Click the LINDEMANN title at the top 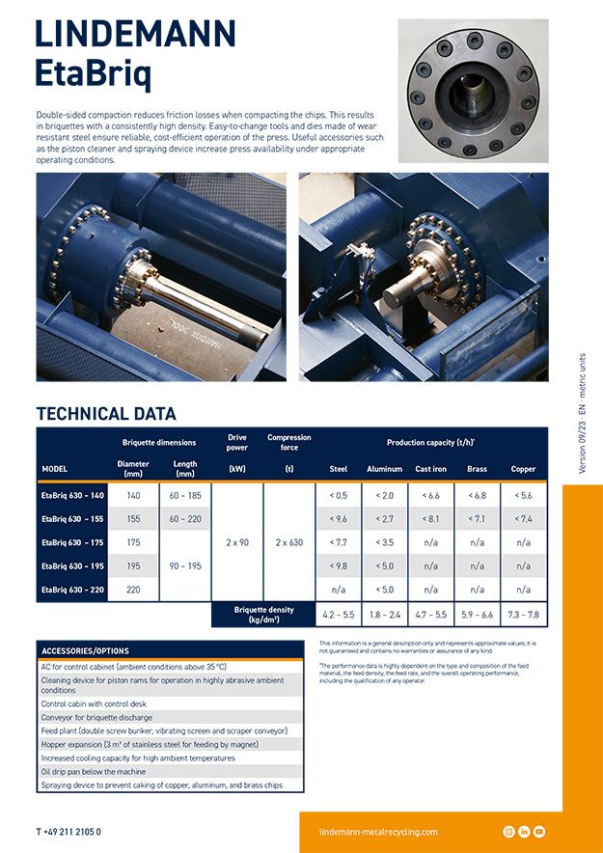point(136,34)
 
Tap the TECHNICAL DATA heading point(106,414)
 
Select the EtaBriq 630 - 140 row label point(72,495)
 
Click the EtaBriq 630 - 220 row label point(72,590)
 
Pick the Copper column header point(523,469)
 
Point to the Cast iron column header point(430,469)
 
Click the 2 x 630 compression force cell point(289,542)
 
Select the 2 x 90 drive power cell point(236,542)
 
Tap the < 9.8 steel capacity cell point(339,566)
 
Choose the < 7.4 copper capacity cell point(523,519)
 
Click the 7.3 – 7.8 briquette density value point(523,614)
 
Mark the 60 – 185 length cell point(185,495)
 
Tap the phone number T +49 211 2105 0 point(69,832)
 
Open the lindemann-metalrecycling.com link point(378,832)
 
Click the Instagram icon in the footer point(508,832)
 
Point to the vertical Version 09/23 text point(582,413)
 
